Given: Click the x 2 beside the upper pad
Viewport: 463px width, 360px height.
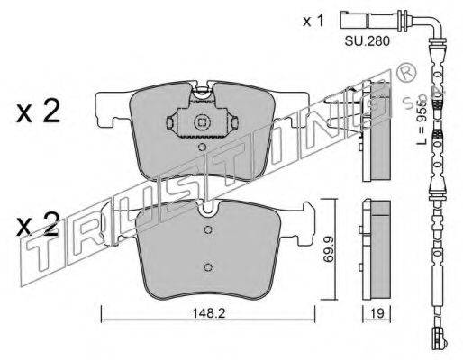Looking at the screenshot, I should [40, 112].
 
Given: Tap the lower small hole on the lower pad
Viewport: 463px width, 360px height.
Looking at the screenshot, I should [208, 266].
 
